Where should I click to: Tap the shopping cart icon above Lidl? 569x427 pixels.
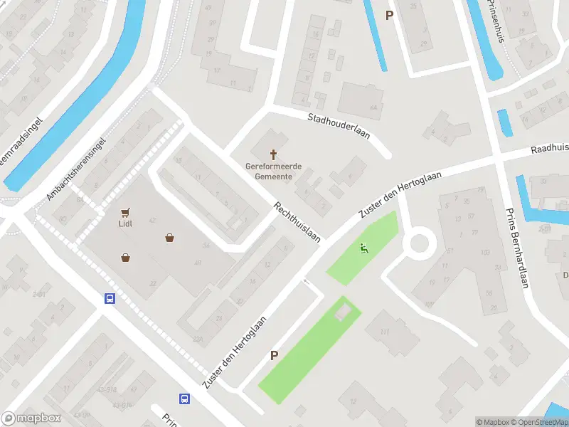(125, 211)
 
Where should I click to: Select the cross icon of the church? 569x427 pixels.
(273, 154)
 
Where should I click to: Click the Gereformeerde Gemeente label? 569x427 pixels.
(273, 171)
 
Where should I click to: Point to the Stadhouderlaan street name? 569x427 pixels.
(339, 126)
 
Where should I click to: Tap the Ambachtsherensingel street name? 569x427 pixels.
(76, 168)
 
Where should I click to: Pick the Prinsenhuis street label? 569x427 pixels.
(496, 21)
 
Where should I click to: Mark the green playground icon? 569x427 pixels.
(363, 248)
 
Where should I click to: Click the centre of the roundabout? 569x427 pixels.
(418, 243)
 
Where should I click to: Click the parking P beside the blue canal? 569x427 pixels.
(389, 15)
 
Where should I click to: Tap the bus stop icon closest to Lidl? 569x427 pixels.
(110, 299)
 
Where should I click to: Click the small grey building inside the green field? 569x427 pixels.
(343, 312)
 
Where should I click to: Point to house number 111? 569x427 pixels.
(385, 332)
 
